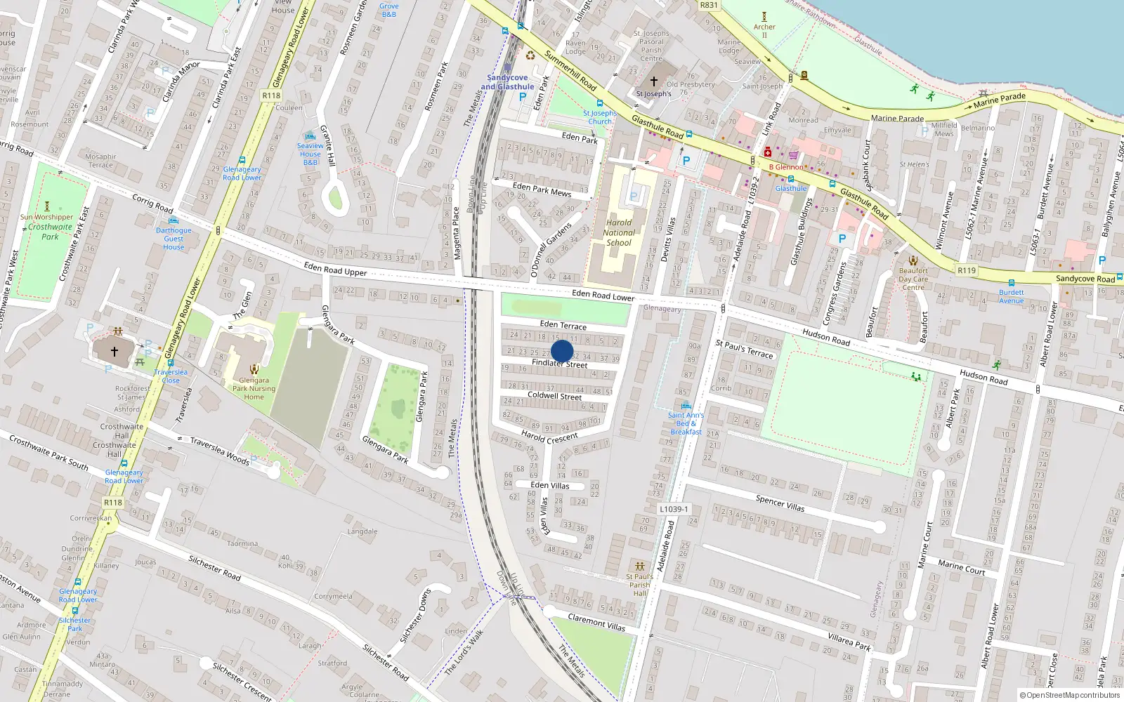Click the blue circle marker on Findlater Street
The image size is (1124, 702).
pos(562,351)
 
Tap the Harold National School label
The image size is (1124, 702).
pos(619,232)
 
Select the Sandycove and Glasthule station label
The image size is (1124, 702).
pos(507,82)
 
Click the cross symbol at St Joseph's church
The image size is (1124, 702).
pos(654,81)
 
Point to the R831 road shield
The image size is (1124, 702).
pos(709,5)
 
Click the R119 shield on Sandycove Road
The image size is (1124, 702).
pos(967,270)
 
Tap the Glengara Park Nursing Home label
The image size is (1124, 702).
pos(254,388)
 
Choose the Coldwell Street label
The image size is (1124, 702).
pos(554,396)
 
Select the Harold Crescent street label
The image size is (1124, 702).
pos(549,437)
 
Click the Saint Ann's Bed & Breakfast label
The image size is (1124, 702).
pos(686,423)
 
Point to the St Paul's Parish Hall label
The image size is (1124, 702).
pos(639,585)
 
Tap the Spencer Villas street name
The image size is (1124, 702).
pos(780,503)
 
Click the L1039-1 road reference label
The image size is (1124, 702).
pos(674,509)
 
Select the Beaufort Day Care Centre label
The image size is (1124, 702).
pos(913,279)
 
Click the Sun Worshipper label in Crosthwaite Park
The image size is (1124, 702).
pos(46,217)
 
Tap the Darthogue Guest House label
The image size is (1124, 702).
pos(174,239)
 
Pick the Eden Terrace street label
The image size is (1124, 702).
pos(563,325)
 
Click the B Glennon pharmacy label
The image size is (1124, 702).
pos(785,167)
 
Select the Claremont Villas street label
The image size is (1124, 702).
pos(596,622)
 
